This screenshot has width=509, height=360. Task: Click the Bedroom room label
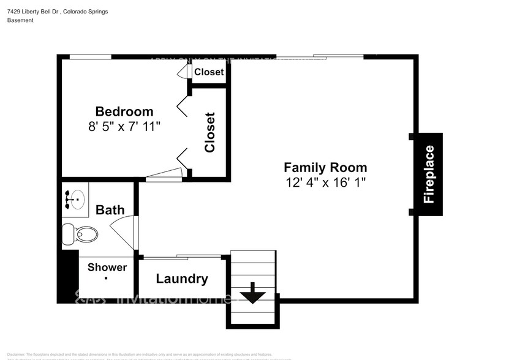(124, 111)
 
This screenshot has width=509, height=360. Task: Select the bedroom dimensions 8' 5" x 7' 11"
(124, 127)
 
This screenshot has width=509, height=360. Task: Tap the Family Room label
(325, 167)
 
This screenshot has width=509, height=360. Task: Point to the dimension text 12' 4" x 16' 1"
(325, 182)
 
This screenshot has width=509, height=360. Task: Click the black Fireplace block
(429, 174)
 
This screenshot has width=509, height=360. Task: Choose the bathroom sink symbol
(75, 199)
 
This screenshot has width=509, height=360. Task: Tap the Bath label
(110, 210)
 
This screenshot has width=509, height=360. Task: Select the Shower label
(107, 268)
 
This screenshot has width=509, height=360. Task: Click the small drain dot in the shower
(107, 279)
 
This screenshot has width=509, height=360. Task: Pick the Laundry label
(182, 279)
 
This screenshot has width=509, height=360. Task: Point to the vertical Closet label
(210, 132)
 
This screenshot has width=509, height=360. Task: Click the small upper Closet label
(209, 72)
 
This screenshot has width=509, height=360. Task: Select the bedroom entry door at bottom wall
(165, 177)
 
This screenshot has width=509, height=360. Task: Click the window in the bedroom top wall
(90, 57)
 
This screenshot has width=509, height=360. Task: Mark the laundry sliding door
(181, 257)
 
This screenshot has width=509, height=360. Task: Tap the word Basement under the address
(20, 20)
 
